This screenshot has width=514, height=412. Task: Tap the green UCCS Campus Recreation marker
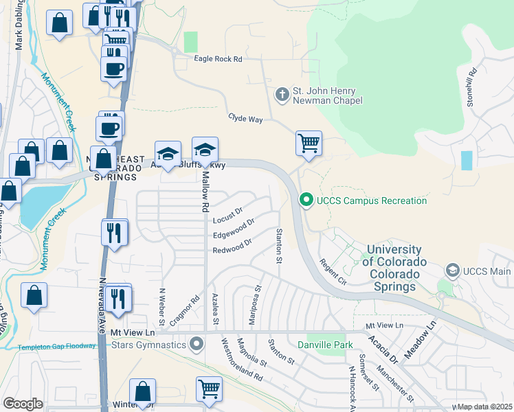306,201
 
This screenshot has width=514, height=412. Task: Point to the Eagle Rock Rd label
218,60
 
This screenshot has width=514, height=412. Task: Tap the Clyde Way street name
246,119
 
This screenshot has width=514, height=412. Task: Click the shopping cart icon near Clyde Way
309,144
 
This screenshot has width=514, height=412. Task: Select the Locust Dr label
228,216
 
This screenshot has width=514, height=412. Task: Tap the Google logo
23,403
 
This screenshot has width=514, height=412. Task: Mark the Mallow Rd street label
204,192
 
